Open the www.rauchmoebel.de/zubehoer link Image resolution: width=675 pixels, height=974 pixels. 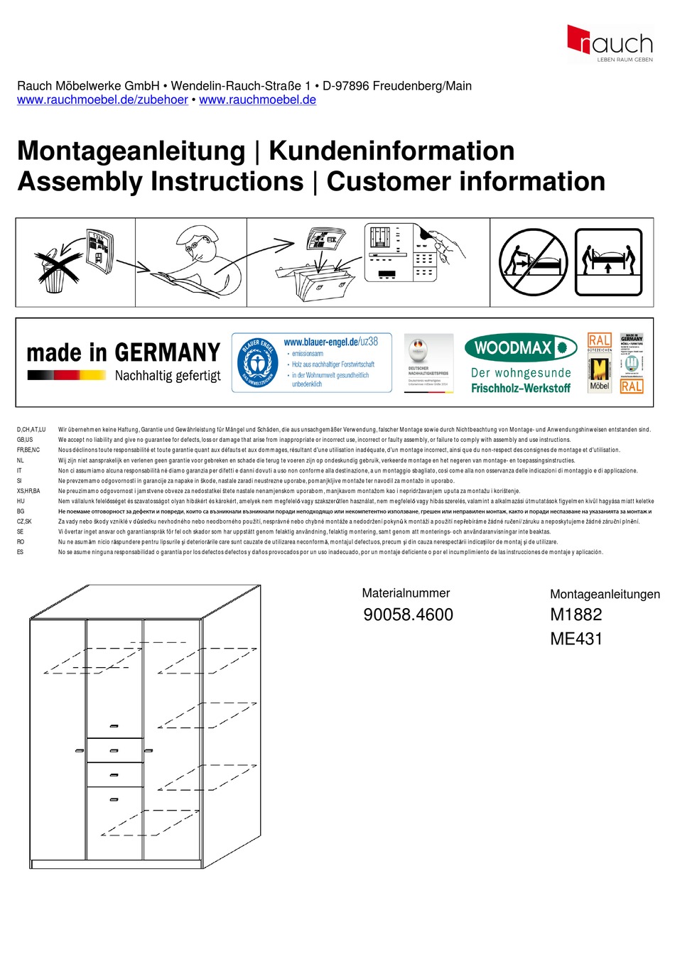(102, 100)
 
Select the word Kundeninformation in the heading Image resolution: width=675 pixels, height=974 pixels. (391, 151)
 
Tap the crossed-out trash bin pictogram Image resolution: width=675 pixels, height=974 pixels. (54, 271)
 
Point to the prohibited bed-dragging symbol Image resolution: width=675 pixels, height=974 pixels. (534, 262)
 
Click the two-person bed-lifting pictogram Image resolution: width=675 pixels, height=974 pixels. (607, 262)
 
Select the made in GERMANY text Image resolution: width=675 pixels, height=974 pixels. (123, 352)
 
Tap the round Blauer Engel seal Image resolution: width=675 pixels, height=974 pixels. (257, 362)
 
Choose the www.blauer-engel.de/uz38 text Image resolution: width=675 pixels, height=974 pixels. (330, 342)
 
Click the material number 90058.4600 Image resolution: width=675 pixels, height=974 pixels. (408, 615)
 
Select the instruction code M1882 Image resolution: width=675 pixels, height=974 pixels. (576, 615)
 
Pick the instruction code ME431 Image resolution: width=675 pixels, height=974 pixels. (576, 639)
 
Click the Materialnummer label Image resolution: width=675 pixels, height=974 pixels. (406, 593)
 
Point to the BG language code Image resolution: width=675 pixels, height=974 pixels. (21, 512)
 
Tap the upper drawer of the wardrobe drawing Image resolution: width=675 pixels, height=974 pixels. (114, 750)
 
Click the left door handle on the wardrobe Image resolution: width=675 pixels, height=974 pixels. (80, 751)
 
